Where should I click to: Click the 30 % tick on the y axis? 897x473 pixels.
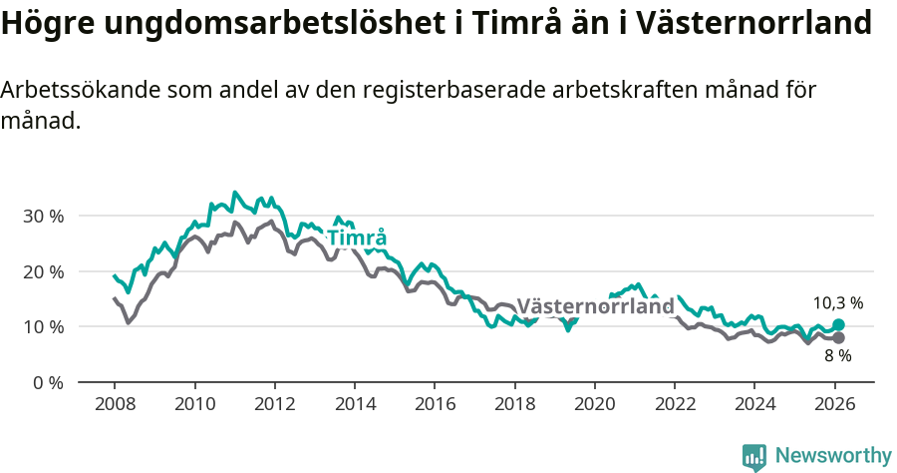[x=43, y=217]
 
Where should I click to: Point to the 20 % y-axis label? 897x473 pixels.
[x=43, y=271]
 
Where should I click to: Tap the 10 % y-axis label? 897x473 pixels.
[x=43, y=327]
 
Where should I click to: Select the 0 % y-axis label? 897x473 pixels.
[x=48, y=382]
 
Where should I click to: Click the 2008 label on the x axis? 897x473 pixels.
[x=115, y=404]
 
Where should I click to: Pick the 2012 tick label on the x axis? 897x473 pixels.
[x=274, y=404]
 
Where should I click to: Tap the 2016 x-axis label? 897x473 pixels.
[x=435, y=404]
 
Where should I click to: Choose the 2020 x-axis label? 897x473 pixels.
[x=595, y=404]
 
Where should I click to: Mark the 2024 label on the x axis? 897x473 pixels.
[x=754, y=404]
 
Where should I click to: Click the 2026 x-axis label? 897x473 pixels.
[x=834, y=404]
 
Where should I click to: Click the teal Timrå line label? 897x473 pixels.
[x=357, y=238]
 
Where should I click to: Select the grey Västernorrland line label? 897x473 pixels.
[x=595, y=306]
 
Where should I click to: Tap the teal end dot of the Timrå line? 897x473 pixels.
[x=838, y=324]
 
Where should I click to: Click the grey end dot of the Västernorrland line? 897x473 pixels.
[x=838, y=337]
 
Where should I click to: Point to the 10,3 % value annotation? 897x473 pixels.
[x=837, y=302]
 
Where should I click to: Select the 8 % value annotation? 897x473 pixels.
[x=837, y=356]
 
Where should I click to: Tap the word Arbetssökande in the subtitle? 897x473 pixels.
[x=75, y=90]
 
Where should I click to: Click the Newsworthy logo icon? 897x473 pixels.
[x=754, y=457]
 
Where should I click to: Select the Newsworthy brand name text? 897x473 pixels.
[x=832, y=456]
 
